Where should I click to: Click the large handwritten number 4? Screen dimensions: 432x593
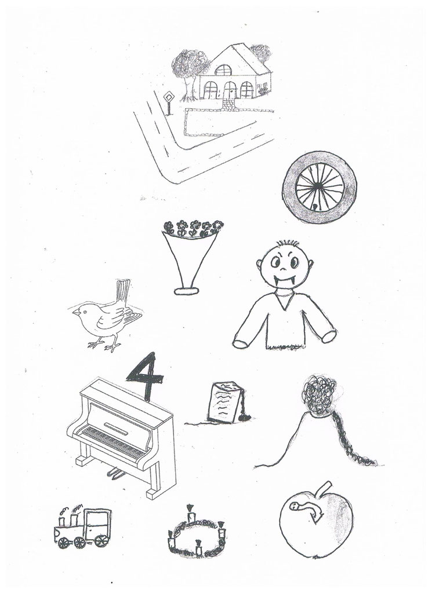coord(146,375)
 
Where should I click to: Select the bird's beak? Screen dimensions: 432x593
coord(76,312)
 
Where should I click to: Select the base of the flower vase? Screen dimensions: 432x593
coord(186,291)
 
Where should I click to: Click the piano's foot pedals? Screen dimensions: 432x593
coord(115,473)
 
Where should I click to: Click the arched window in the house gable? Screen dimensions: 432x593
coord(223,70)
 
